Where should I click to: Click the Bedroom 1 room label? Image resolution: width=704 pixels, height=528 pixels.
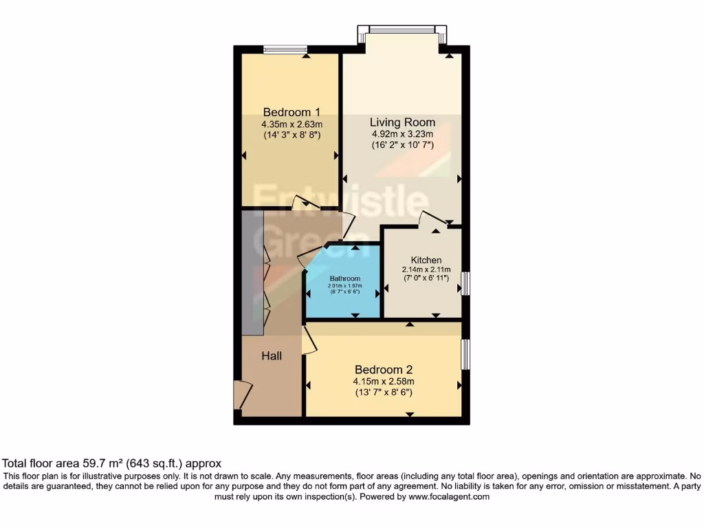click(291, 112)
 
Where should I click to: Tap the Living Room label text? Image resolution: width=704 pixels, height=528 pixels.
click(402, 122)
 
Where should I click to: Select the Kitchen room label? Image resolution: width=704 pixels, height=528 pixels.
click(426, 260)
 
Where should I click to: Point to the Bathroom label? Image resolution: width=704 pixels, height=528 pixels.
click(344, 278)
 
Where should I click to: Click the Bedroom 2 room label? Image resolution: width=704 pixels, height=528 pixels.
click(383, 368)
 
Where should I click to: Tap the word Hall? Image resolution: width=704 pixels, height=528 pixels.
click(271, 356)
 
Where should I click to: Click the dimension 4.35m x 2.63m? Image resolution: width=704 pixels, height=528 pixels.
click(291, 124)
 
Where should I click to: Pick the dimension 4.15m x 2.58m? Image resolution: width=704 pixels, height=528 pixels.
click(383, 381)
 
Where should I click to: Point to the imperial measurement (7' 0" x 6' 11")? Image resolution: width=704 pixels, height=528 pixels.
click(426, 278)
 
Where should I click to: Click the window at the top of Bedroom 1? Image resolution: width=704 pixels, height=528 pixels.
click(285, 48)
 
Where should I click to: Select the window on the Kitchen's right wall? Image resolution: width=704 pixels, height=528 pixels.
click(465, 283)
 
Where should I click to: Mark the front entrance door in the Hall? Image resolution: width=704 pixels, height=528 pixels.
click(241, 395)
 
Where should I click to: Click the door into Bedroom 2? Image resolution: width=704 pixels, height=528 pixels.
click(309, 341)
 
